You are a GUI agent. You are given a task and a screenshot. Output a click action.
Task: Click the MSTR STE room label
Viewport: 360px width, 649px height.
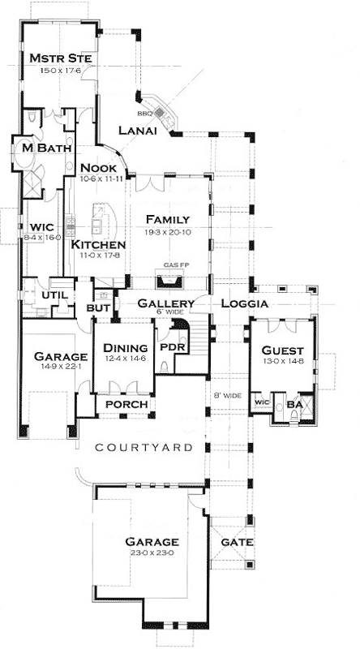coord(58,59)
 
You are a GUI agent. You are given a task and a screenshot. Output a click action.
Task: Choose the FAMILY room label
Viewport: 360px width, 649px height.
coord(168,220)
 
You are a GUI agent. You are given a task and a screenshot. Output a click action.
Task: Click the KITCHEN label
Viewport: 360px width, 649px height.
coord(97,244)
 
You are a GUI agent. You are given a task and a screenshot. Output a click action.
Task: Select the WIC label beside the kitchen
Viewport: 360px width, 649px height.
coord(41,226)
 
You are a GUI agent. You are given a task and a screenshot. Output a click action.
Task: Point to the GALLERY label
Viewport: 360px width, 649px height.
coord(165,303)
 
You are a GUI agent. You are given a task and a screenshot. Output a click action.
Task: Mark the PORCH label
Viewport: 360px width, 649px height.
coord(126,405)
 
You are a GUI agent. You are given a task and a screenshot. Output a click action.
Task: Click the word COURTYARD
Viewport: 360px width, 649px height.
coord(144,447)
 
